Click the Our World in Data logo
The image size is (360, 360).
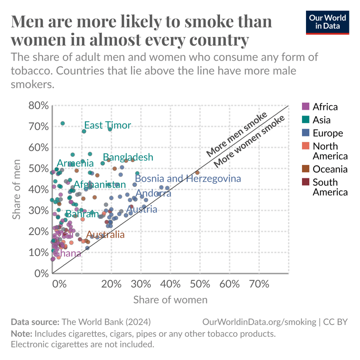pos(327,22)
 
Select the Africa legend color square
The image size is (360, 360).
pos(305,107)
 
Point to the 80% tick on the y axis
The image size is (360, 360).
pos(38,106)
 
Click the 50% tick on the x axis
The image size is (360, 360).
pos(200,284)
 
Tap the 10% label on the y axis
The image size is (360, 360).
pos(38,252)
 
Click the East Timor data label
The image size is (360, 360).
pos(107,125)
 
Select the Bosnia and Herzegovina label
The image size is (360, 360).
pos(188,178)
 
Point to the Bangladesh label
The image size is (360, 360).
pos(128,157)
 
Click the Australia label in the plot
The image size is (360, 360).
pos(105,235)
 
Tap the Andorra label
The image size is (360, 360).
pos(153,193)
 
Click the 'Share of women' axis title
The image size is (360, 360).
pos(170,300)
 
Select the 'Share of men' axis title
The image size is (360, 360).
pos(17,189)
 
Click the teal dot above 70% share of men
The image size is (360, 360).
pos(62,123)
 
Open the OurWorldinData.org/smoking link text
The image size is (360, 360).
pos(259,322)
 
